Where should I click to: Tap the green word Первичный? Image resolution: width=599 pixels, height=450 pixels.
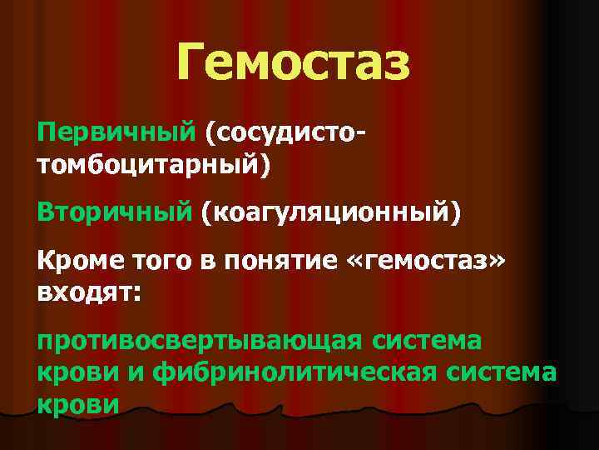116,132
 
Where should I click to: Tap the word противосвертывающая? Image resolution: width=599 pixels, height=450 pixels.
199,342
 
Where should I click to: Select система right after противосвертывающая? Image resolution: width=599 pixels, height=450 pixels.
438,342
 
